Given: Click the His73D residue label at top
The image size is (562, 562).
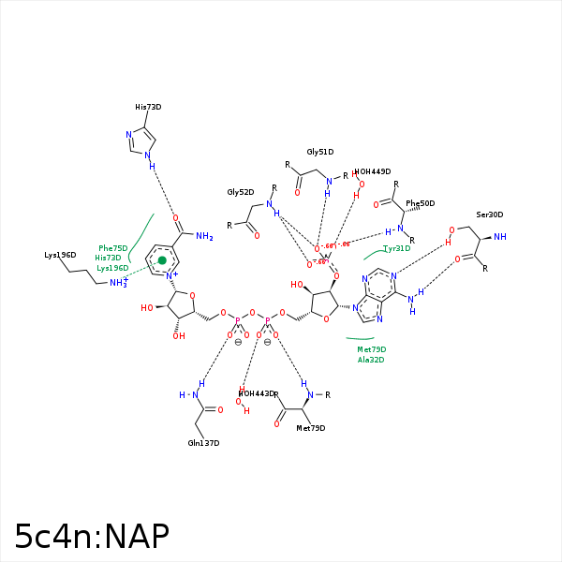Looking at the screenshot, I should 148,107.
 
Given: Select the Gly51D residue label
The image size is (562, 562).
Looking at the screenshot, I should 320,152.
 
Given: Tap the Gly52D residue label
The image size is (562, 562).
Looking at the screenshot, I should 241,192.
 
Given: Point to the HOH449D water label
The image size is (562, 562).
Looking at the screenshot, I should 373,171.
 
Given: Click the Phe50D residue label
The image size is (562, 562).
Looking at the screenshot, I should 421,203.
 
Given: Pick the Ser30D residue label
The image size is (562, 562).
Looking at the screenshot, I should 489,214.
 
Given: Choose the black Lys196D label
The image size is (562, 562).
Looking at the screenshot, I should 60,255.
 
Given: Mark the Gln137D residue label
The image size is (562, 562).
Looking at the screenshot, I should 203,443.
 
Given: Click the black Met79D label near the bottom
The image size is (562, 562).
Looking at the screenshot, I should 311,428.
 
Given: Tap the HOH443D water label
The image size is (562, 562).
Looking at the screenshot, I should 258,393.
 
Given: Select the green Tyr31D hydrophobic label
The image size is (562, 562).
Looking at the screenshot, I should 397,248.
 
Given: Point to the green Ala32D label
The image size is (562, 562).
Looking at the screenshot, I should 371,360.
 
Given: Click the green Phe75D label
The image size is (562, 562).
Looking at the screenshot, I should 112,248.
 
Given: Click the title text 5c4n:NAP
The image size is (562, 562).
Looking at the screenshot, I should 92,536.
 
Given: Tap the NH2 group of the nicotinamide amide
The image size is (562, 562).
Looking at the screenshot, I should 204,237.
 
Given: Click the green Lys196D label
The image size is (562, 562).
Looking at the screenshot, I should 112,268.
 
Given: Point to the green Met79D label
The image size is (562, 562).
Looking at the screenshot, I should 371,349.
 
